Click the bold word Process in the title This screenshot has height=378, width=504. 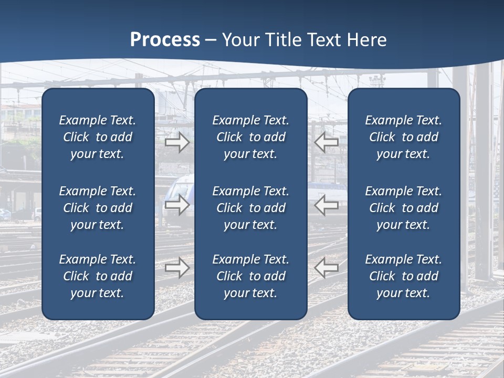click(165, 40)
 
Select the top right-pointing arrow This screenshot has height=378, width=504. click(177, 142)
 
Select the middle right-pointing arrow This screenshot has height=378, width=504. click(177, 205)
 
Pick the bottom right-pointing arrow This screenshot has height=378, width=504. click(177, 268)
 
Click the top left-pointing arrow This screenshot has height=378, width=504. click(326, 142)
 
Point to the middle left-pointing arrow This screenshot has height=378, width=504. click(326, 205)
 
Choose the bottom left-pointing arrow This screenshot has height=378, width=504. click(326, 268)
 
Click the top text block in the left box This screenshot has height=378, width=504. click(98, 137)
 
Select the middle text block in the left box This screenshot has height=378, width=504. click(98, 208)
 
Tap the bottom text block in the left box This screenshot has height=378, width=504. click(98, 276)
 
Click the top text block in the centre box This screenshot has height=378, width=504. click(250, 137)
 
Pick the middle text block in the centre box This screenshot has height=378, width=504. click(250, 208)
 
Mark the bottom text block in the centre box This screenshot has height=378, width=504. click(250, 276)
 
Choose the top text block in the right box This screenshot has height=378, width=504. click(404, 137)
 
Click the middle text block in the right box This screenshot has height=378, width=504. click(404, 208)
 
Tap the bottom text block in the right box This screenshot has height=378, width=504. click(404, 276)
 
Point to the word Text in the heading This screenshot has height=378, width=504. click(325, 40)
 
